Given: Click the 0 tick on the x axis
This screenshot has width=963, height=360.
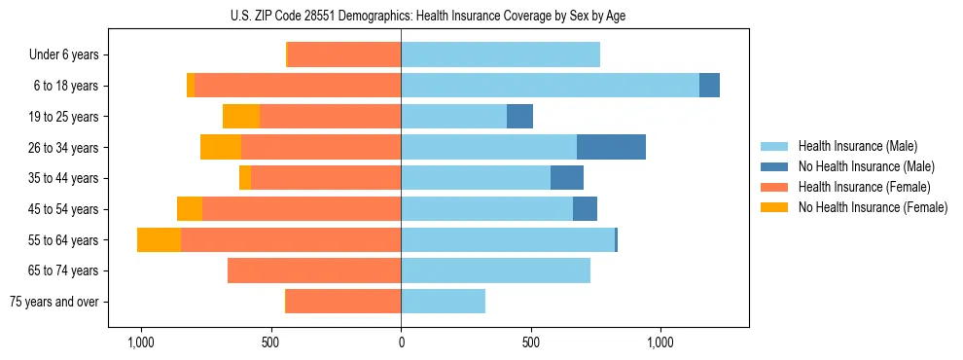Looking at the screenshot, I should click(401, 342).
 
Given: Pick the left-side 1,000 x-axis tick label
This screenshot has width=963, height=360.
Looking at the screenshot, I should click(141, 342).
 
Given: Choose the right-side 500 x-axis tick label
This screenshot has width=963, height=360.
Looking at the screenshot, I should click(530, 342).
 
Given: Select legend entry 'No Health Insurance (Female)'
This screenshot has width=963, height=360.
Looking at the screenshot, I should click(873, 207).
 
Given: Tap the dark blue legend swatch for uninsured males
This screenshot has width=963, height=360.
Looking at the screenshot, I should click(775, 166).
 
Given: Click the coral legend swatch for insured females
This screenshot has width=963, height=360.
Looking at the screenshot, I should click(775, 187).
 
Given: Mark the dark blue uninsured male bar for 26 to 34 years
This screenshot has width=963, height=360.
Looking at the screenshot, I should click(611, 147).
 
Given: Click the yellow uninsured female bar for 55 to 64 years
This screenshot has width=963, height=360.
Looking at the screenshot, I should click(159, 240).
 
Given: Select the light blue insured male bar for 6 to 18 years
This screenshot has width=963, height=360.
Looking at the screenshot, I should click(550, 86).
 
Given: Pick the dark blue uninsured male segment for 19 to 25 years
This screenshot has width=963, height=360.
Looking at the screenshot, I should click(519, 117).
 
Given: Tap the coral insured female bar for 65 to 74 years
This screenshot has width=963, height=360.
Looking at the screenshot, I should click(314, 270).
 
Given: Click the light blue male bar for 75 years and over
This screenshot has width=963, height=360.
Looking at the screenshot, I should click(443, 302).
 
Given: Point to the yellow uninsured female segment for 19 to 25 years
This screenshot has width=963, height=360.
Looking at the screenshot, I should click(241, 117).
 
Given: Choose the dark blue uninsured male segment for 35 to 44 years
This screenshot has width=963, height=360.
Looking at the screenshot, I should click(567, 178).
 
